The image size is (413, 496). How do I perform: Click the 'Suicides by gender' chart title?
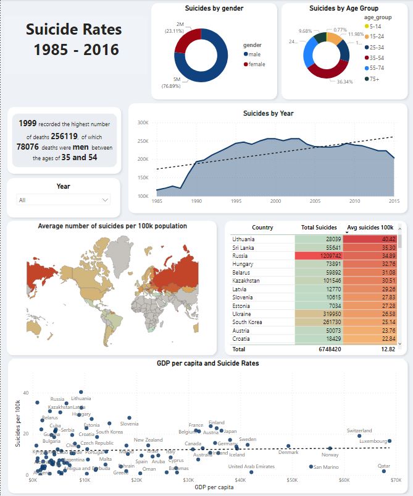pos(214,9)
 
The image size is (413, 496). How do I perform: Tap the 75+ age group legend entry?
pos(375,79)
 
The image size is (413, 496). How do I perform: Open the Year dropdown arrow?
pos(104,200)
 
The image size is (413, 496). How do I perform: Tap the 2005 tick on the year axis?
pos(315,202)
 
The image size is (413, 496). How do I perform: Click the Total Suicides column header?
pos(319,228)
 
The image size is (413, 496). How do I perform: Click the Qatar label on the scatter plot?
pos(384,465)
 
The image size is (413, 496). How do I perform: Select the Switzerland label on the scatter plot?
pos(359,430)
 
